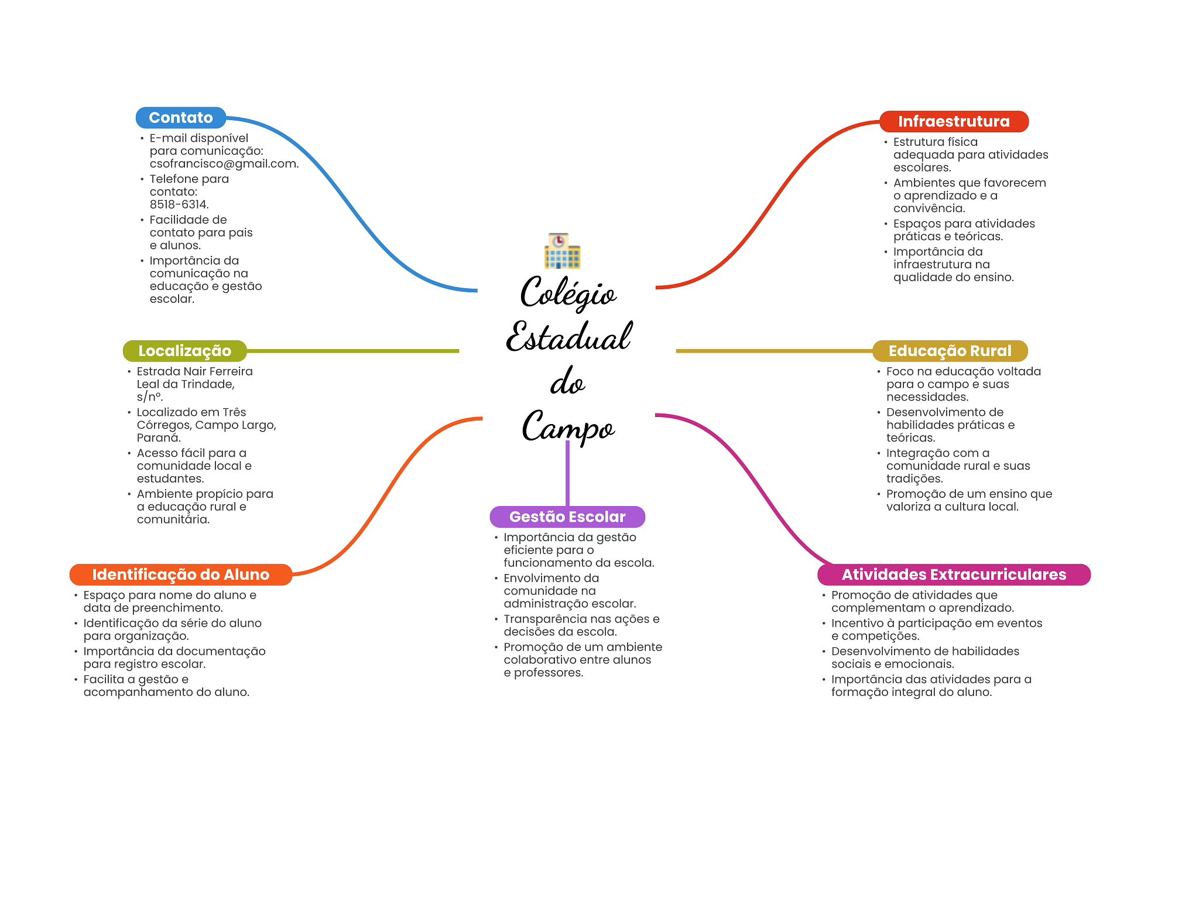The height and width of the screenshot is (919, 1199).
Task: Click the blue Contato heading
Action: [180, 118]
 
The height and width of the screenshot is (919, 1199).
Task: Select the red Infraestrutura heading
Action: [954, 121]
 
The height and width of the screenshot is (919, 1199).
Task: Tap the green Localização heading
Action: [184, 351]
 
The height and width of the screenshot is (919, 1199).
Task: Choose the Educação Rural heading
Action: [950, 351]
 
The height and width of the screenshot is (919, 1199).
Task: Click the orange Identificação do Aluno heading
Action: [180, 575]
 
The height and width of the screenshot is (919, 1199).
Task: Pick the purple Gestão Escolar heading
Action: [567, 517]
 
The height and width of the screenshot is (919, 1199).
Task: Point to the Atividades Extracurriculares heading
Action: [954, 575]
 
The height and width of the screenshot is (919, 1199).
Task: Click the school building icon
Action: [562, 251]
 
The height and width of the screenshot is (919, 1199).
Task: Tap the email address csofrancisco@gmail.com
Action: [224, 164]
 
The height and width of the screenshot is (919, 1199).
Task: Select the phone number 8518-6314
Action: [179, 204]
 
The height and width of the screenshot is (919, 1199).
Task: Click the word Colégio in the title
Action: [568, 293]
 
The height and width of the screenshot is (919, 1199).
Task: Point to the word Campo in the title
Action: [568, 426]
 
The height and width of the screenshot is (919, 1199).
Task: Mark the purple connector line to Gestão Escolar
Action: [567, 474]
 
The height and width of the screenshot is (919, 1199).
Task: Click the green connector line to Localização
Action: [351, 351]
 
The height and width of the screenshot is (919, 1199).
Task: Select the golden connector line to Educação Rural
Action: [773, 351]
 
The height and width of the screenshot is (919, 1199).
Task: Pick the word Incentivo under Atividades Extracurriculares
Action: [857, 623]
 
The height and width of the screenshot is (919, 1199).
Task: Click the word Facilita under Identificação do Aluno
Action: [104, 679]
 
